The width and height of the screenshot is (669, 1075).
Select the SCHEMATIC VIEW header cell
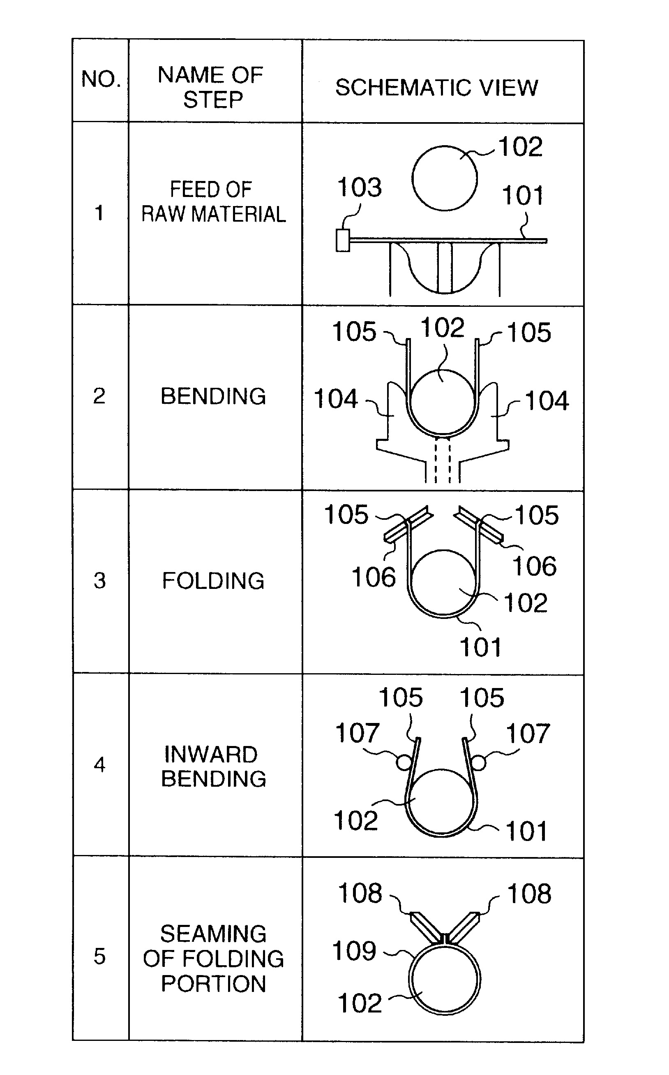coord(437,87)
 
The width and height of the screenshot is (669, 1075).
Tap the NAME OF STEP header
coord(212,87)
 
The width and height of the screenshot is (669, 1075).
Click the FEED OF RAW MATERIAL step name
coord(213,202)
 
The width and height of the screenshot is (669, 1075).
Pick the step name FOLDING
coord(213,581)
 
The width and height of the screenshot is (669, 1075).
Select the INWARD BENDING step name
coord(213,767)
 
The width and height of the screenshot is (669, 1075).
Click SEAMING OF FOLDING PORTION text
coord(213,959)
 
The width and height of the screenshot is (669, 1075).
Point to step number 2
coord(99,396)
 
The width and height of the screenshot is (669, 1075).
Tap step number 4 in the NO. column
coord(99,765)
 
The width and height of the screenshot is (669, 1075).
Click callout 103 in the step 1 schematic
coord(359,187)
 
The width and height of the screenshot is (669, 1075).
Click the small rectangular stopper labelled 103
coord(342,240)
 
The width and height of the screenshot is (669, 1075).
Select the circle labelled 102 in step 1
coord(444,178)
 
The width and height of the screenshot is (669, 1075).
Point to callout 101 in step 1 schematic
coord(522,196)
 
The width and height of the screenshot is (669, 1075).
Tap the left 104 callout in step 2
coord(335,399)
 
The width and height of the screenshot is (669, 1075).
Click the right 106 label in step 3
coord(535,566)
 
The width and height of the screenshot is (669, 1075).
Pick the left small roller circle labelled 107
coord(404,762)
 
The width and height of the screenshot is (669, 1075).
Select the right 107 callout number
coord(528,734)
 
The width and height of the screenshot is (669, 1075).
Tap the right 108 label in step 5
coord(529,894)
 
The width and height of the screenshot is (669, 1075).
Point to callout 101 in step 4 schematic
coord(526,831)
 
